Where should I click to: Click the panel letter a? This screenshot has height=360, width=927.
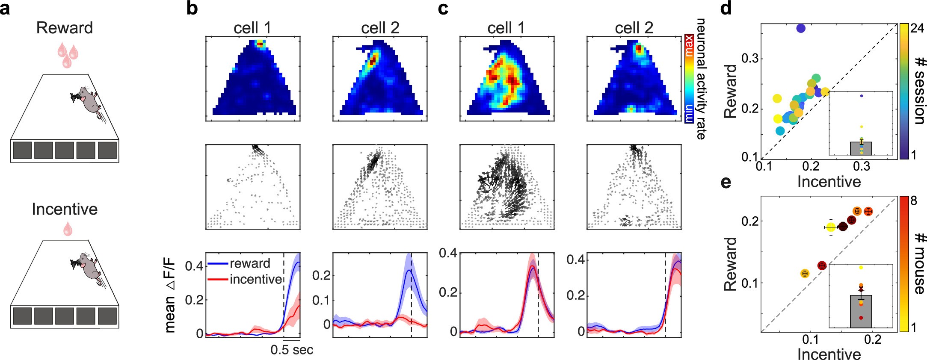pos(5,9)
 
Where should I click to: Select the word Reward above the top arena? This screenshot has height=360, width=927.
pos(64,28)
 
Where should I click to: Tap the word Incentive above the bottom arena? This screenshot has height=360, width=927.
pos(64,209)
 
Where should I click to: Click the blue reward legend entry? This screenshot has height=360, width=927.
pos(249,263)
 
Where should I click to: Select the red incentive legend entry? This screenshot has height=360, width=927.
pos(255,279)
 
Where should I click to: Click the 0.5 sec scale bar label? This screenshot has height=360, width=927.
pos(292,350)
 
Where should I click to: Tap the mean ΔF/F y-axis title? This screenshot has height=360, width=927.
pos(170,298)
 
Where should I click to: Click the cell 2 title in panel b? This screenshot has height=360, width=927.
pos(380,28)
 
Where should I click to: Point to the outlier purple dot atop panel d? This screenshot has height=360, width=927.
pos(800,28)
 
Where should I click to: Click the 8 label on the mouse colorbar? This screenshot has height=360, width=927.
pos(914,201)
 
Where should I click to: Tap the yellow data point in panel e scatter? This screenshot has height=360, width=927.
pos(830,227)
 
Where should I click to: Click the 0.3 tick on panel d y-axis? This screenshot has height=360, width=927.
pos(749,59)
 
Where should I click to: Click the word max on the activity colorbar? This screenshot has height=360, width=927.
pos(688,46)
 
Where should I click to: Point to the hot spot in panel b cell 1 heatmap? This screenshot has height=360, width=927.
pos(259,44)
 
